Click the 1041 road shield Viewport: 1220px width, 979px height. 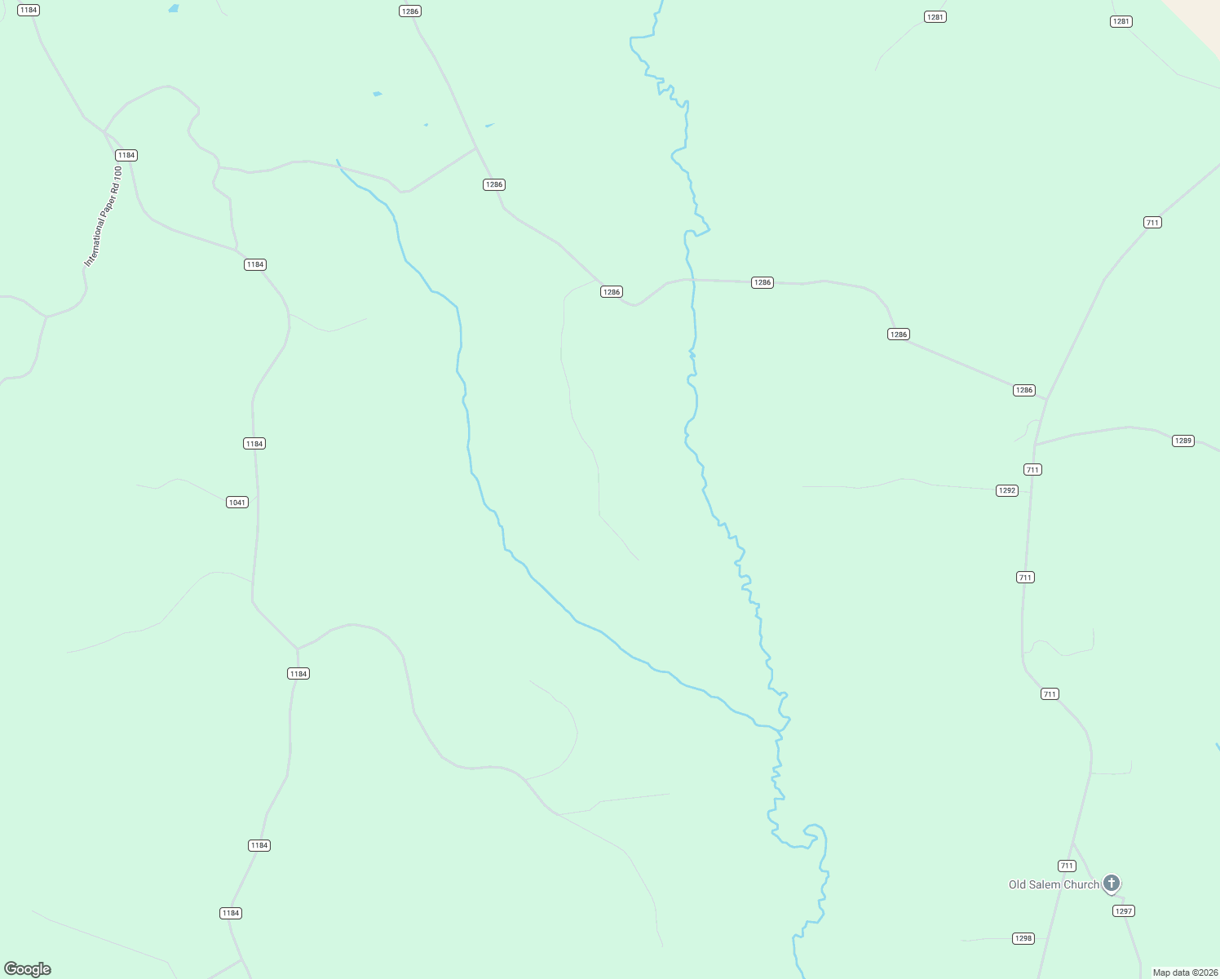click(237, 503)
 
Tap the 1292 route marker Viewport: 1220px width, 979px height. click(1007, 490)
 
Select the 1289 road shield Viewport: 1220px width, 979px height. click(1182, 441)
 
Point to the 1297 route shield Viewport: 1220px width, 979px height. click(1124, 911)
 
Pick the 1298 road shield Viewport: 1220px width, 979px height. click(1023, 938)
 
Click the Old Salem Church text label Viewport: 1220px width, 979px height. click(1054, 884)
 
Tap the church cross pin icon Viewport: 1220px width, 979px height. click(1111, 883)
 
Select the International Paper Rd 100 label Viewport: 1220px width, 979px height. click(103, 216)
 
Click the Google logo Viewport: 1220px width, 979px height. click(28, 969)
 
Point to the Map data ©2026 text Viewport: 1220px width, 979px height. click(1185, 972)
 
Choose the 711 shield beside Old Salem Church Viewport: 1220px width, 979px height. click(1067, 866)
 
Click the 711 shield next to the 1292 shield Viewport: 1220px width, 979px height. click(1032, 469)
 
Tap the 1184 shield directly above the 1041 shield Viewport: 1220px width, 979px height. click(254, 444)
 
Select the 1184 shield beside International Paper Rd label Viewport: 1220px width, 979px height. click(126, 155)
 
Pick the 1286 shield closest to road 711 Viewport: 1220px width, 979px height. click(1024, 390)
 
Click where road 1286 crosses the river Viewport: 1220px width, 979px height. click(693, 280)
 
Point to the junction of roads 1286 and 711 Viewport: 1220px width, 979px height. click(1047, 399)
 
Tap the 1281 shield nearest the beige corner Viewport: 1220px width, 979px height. click(1121, 21)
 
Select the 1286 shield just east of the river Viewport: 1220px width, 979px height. click(762, 282)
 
